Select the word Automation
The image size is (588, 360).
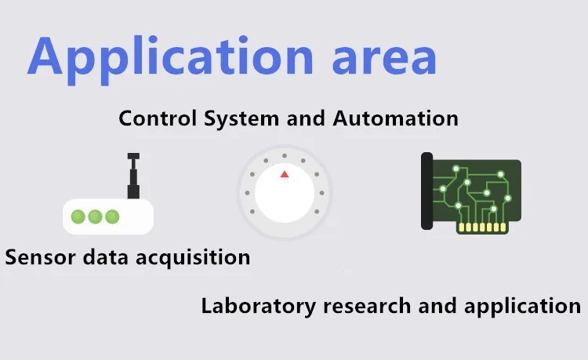point(396,118)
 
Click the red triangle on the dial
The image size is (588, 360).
point(285,173)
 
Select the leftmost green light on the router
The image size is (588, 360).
point(78,216)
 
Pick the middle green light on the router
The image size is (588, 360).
point(96,216)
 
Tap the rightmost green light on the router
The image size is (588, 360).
point(113,216)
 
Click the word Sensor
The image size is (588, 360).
point(34,256)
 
